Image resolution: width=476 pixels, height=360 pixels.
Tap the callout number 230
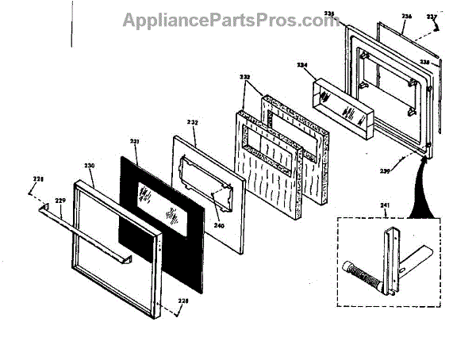tap(90, 167)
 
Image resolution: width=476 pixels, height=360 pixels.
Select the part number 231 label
tap(134, 142)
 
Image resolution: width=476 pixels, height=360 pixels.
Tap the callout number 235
tap(352, 14)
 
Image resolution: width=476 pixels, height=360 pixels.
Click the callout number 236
tap(407, 15)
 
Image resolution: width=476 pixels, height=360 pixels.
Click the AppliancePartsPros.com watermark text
tap(231, 20)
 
